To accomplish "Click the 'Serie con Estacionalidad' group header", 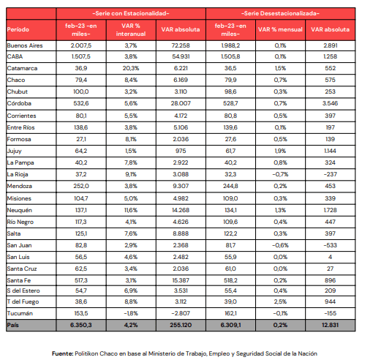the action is coord(131,13).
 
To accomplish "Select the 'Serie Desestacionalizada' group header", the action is coord(280,13).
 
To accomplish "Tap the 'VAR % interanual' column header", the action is coord(131,30).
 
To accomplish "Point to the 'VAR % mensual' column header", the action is coord(280,29).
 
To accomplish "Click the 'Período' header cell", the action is coord(18,29).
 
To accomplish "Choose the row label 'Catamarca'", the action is coord(22,68).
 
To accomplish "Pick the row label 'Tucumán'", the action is coord(20,313).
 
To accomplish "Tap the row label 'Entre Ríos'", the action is coord(20,127).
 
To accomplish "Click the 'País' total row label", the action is coord(13,325).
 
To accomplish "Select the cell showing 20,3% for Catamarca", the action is coord(131,68).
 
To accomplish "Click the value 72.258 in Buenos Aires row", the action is coord(181,45).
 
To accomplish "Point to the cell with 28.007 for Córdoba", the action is coord(181,103).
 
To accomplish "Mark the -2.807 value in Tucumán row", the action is coord(181,313).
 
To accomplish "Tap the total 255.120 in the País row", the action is coord(181,325).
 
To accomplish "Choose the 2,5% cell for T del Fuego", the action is coord(280,301).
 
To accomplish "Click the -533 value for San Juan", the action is coord(330,245).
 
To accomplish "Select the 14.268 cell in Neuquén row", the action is coord(181,210).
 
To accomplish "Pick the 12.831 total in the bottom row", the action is coord(330,325).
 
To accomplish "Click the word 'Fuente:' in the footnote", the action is coord(63,353).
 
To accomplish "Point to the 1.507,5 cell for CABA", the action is coord(81,56).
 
